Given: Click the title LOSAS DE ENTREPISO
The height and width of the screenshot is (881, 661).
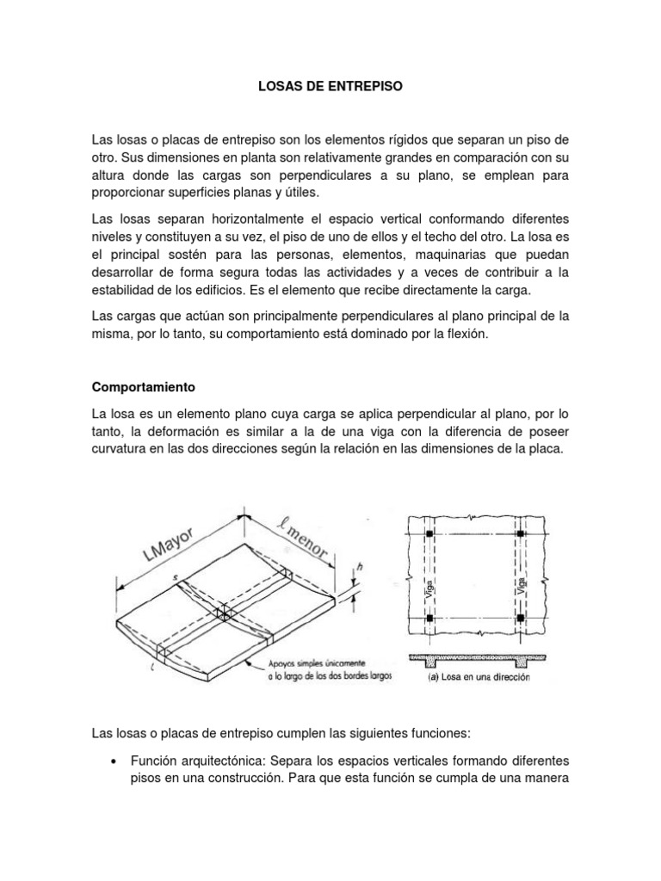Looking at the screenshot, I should click(330, 87).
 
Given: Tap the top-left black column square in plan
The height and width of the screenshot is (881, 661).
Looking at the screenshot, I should click(429, 535).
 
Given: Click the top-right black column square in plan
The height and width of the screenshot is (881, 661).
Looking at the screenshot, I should click(521, 535).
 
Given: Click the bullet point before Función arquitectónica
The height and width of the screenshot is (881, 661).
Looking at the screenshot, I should click(114, 761).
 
